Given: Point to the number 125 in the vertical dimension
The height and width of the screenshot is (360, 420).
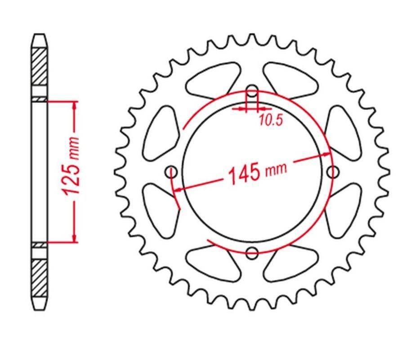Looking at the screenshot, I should [x=71, y=179].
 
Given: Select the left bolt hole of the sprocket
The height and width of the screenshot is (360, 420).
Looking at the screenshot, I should [x=171, y=172].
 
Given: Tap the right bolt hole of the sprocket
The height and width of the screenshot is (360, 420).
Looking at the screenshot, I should [x=333, y=172].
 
